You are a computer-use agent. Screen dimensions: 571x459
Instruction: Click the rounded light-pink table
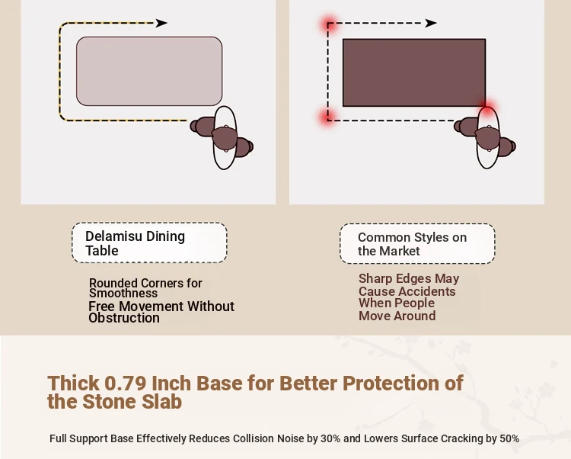pos(149,71)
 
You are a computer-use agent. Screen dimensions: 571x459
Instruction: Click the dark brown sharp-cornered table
pos(414,72)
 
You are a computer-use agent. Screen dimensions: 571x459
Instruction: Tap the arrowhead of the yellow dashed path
pos(161,23)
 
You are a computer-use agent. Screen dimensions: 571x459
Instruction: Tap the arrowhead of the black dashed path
pos(431,23)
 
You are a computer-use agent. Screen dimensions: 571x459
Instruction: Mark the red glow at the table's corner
pos(487,108)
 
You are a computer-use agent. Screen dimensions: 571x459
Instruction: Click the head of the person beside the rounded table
pos(225,138)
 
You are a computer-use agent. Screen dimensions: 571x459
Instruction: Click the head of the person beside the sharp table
pos(487,138)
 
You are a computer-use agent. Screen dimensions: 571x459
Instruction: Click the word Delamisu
pos(113,236)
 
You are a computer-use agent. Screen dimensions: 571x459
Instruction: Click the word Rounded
pos(113,283)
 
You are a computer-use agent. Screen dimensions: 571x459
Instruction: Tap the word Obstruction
pos(124,318)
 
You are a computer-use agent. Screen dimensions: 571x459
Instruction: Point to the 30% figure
pos(330,438)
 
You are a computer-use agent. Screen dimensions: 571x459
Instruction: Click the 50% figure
pos(509,438)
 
